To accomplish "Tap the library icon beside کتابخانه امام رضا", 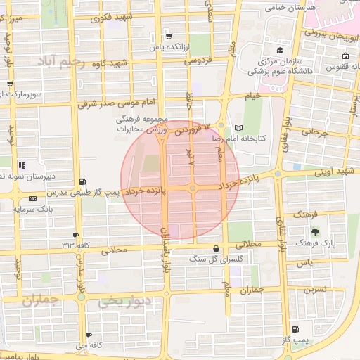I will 242,128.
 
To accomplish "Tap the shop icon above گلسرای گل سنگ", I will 215,249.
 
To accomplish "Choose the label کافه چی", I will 92,345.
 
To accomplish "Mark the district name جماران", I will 41,301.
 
